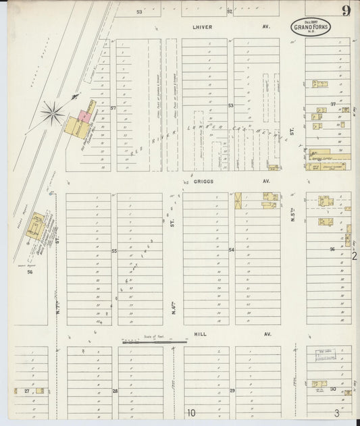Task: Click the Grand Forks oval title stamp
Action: click(x=311, y=27)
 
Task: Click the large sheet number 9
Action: click(x=346, y=10)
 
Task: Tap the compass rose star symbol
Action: click(x=51, y=112)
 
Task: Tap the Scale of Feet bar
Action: click(x=155, y=342)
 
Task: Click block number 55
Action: click(x=114, y=251)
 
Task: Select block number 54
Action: click(x=231, y=250)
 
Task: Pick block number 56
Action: click(x=30, y=272)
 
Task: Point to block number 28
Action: click(x=115, y=391)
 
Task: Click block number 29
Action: click(x=232, y=391)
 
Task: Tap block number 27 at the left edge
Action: click(x=27, y=391)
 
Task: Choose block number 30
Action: click(x=333, y=390)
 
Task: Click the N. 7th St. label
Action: click(x=59, y=307)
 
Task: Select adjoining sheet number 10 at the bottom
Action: click(x=191, y=412)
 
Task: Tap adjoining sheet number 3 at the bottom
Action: click(x=336, y=412)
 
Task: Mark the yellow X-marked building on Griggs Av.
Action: click(x=238, y=201)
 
